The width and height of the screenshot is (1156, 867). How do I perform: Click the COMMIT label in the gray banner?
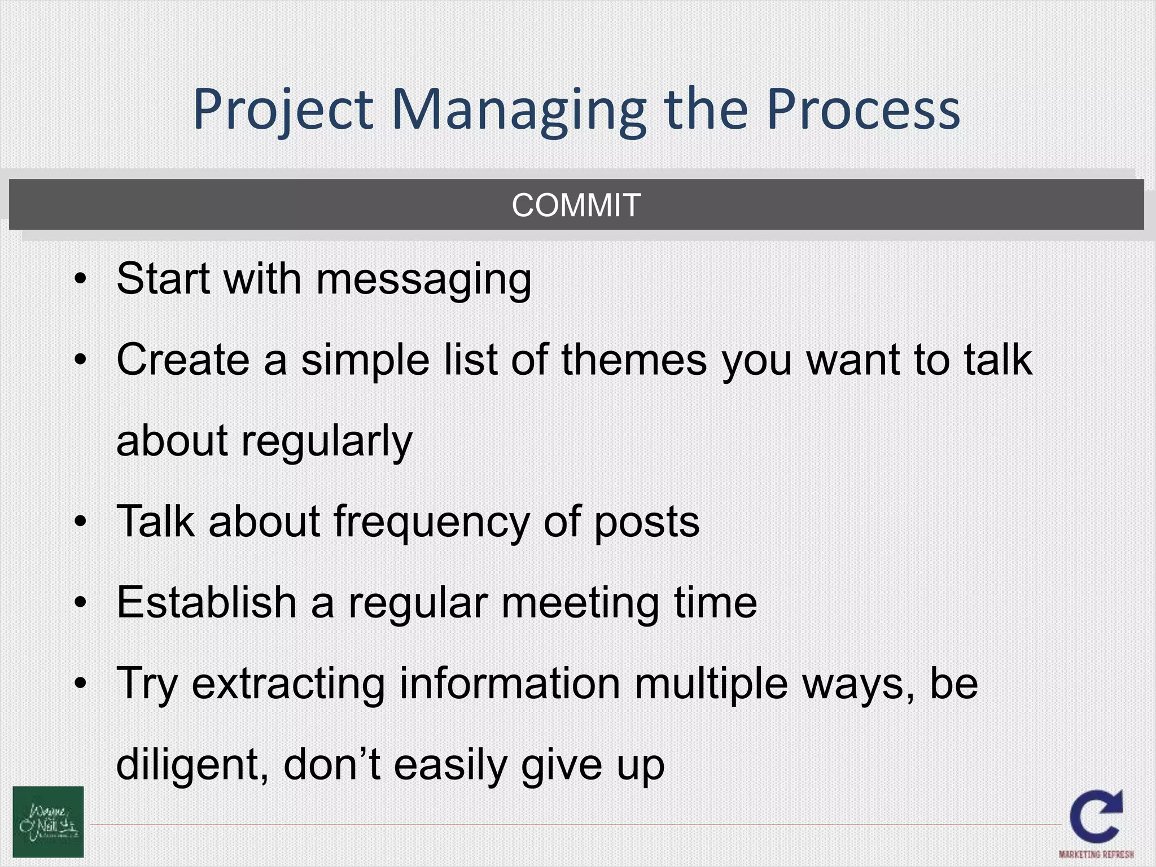pyautogui.click(x=576, y=205)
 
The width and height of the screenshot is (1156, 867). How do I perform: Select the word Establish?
pyautogui.click(x=207, y=602)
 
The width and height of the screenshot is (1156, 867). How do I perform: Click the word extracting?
pyautogui.click(x=288, y=684)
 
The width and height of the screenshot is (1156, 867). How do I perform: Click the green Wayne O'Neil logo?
pyautogui.click(x=49, y=821)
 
